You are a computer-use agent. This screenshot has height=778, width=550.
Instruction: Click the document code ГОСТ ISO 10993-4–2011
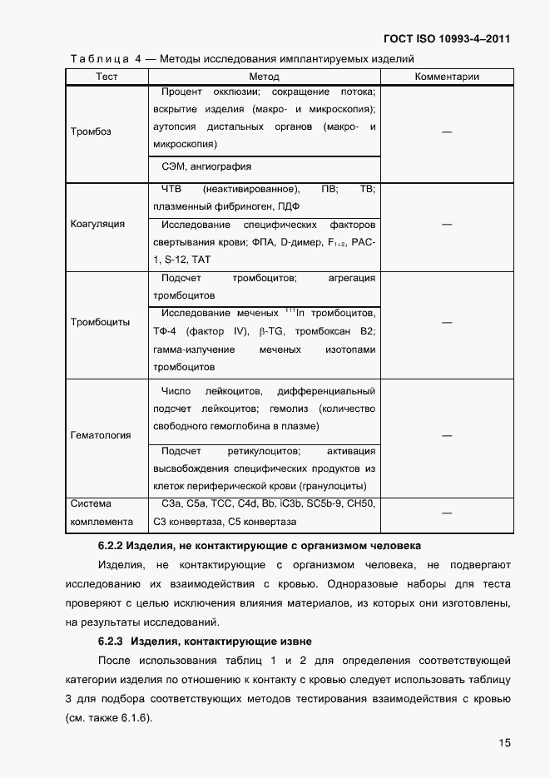447,39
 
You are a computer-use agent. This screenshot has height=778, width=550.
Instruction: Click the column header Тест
107,77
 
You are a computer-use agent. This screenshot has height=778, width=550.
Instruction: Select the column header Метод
264,77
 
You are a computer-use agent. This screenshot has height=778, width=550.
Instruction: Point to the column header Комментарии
447,77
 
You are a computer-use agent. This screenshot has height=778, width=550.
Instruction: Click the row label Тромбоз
91,131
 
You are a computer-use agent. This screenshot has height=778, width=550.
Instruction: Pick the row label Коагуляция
97,224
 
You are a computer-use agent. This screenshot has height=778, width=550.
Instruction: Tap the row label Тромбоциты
100,323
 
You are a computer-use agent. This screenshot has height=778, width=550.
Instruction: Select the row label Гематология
100,435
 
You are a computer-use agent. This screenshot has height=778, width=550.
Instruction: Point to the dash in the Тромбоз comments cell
447,131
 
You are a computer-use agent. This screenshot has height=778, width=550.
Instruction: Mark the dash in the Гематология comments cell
447,435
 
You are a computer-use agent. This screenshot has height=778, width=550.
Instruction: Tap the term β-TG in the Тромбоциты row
275,331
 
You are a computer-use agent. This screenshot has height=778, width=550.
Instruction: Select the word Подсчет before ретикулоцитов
181,451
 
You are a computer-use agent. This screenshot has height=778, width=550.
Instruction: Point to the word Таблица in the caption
99,58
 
